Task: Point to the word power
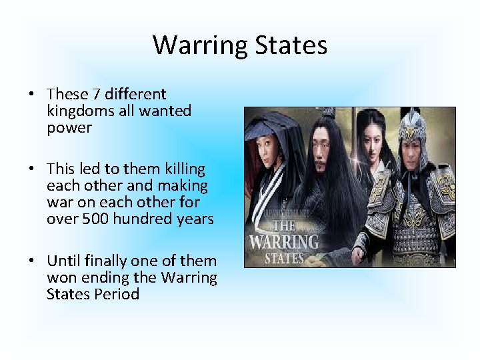tap(69, 128)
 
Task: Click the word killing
tap(180, 169)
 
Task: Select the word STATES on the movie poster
tap(285, 257)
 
